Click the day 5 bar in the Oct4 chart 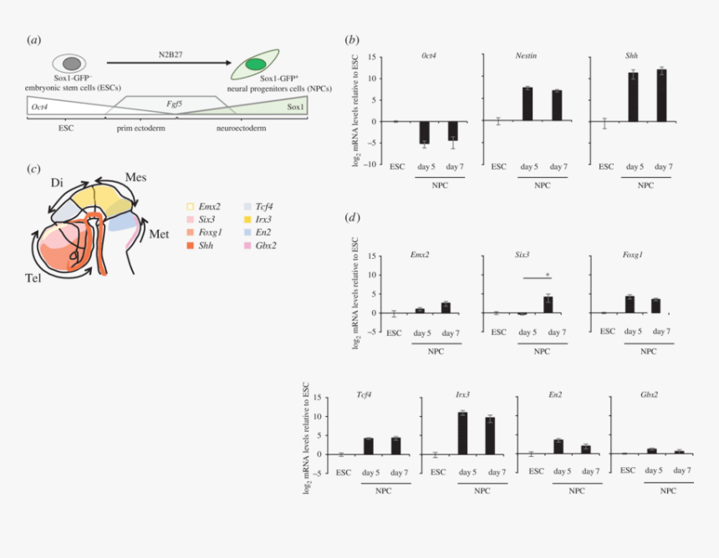click(x=425, y=132)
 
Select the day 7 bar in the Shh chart click(x=662, y=95)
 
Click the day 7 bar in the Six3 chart click(x=548, y=305)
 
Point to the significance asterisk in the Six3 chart click(x=547, y=274)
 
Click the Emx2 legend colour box click(x=190, y=205)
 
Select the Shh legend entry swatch click(x=190, y=246)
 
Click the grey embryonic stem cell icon click(x=71, y=63)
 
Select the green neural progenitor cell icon click(x=256, y=64)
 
